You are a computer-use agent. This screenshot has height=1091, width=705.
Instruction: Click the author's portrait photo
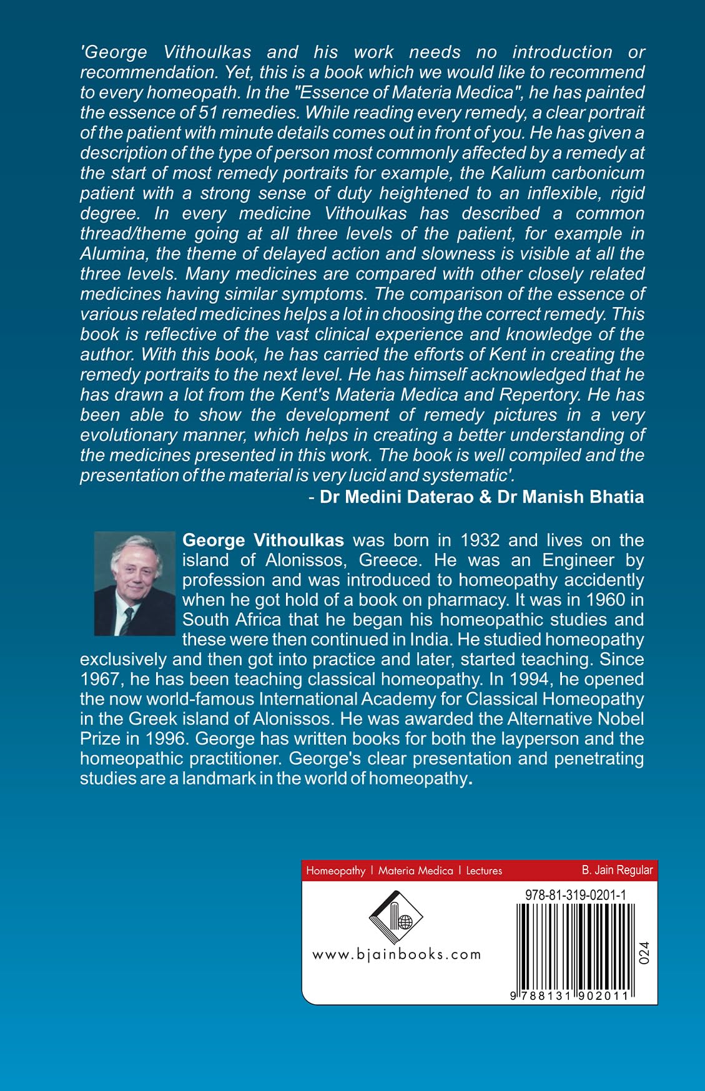(134, 583)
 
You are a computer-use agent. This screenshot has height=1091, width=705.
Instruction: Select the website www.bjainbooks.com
(397, 954)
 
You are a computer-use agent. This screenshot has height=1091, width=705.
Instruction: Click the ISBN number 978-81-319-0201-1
(572, 894)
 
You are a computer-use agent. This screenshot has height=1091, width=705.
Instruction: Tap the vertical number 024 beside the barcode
(644, 952)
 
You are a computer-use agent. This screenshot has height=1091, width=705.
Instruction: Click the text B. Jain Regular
(617, 869)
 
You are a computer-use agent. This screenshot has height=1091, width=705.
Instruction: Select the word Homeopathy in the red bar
(335, 871)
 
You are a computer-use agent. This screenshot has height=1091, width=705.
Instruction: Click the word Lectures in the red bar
(484, 871)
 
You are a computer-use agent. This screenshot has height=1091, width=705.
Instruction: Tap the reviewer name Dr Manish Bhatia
(571, 497)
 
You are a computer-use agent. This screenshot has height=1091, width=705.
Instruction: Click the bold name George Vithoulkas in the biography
(263, 540)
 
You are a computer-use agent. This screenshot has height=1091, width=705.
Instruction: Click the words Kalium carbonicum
(566, 173)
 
